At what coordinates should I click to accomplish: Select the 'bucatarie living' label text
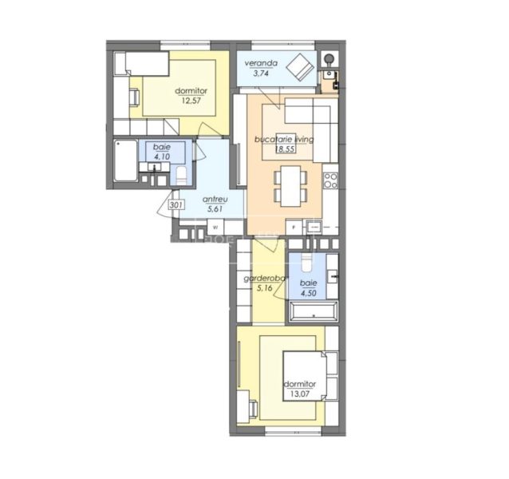click(x=284, y=139)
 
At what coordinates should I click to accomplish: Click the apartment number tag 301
click(x=177, y=205)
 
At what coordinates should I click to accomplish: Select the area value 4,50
click(x=308, y=293)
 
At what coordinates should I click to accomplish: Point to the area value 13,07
click(x=300, y=394)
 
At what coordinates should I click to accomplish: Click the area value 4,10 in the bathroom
click(x=162, y=157)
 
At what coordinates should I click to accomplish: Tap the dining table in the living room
click(x=288, y=184)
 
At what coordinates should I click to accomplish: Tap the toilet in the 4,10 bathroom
click(x=182, y=175)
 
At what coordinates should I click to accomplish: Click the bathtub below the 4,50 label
click(x=315, y=312)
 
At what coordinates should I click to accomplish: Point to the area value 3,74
click(x=261, y=73)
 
